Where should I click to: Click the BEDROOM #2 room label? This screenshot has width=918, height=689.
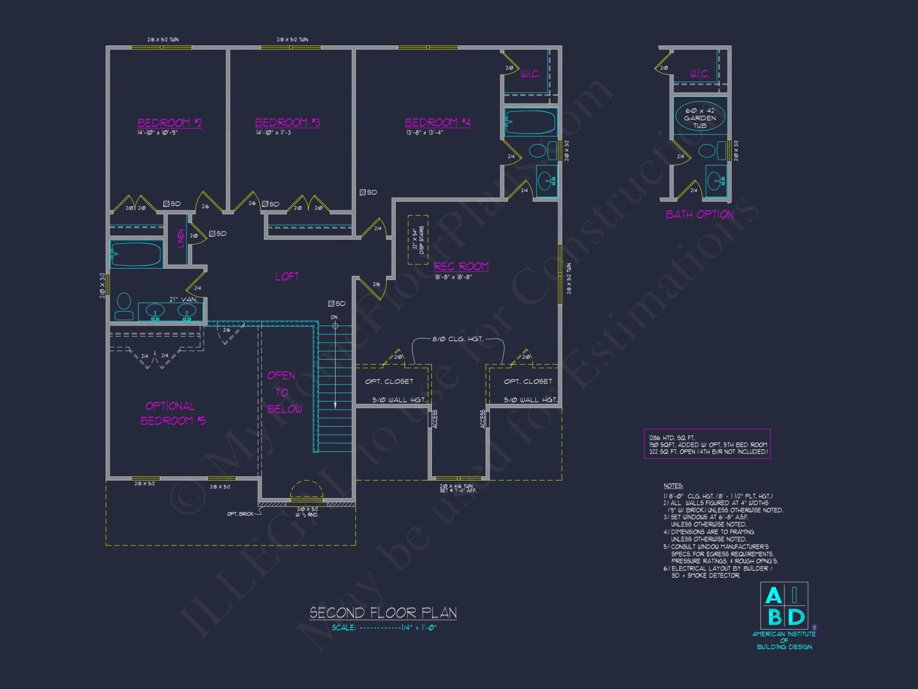(x=169, y=123)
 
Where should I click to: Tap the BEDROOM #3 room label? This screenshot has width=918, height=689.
(x=287, y=122)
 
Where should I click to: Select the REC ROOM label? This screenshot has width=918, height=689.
(x=461, y=266)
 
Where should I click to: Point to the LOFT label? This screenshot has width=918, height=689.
(x=287, y=277)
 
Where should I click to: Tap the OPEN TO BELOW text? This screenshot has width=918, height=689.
(x=284, y=392)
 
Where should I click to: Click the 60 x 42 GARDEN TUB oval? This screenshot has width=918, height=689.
(x=700, y=117)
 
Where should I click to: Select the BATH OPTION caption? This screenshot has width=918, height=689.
(x=700, y=215)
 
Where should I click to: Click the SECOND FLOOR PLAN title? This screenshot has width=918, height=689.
(x=383, y=613)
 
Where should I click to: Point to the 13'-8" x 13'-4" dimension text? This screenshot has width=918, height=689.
(x=425, y=133)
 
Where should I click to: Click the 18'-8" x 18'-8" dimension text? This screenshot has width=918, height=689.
(x=453, y=277)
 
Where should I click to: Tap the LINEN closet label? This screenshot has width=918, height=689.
(x=180, y=238)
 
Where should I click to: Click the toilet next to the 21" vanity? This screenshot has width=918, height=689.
(x=124, y=306)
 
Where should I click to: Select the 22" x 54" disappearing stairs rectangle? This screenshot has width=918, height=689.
(x=418, y=239)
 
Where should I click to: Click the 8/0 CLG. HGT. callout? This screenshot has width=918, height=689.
(x=458, y=339)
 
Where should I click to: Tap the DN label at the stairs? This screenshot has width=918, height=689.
(x=334, y=317)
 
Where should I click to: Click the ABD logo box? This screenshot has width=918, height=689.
(x=784, y=606)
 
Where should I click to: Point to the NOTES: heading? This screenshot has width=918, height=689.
(x=673, y=486)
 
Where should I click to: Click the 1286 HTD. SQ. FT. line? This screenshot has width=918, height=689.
(x=672, y=438)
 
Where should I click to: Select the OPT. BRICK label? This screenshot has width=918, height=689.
(x=240, y=514)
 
